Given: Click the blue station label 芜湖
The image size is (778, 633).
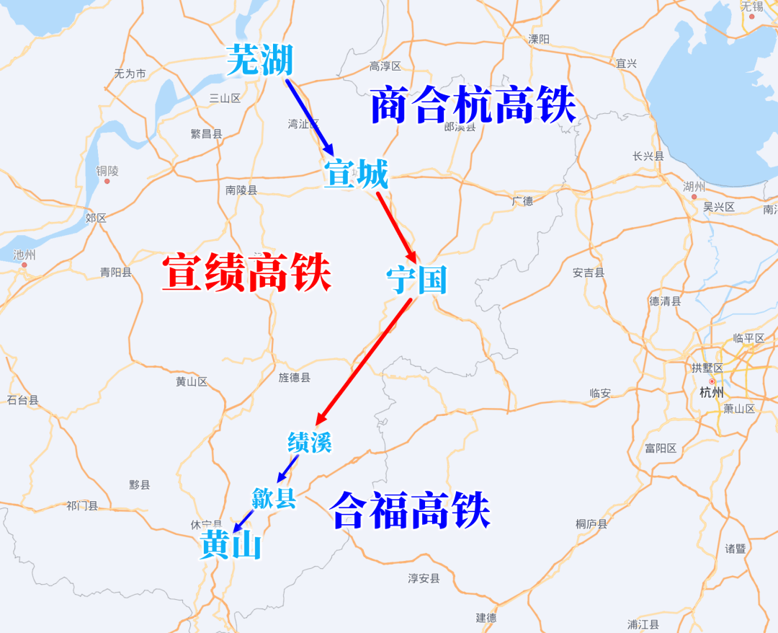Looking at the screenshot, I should (x=259, y=60).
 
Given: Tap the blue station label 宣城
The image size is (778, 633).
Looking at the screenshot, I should (x=356, y=174).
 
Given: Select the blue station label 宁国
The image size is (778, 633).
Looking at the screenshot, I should (x=416, y=280).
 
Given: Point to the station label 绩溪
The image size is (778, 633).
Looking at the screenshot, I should (x=310, y=442).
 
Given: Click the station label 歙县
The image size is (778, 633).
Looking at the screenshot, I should (x=274, y=497).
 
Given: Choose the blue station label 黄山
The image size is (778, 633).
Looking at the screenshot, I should (x=231, y=546).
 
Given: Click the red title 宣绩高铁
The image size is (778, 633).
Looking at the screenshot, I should (x=246, y=273).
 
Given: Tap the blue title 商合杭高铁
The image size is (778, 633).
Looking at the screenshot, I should (x=473, y=105).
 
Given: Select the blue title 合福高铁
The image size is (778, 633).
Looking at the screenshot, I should (x=410, y=511).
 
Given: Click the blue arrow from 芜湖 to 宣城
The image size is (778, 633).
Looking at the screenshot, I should (x=310, y=117).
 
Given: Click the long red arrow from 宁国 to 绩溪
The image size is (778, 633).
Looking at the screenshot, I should (x=364, y=360).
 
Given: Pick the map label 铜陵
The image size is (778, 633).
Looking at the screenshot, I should (x=107, y=171).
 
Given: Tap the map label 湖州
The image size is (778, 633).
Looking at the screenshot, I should (x=694, y=186).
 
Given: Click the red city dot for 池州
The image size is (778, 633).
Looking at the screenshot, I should (x=24, y=265).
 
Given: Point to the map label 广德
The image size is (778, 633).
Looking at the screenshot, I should (x=522, y=201).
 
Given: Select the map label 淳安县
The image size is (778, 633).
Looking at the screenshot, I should (x=424, y=578).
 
